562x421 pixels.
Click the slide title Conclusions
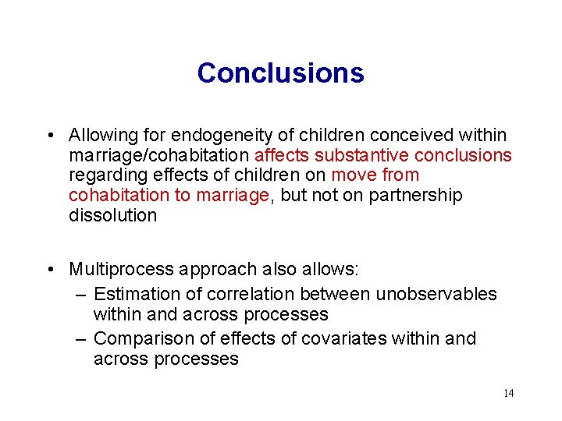pos(280,73)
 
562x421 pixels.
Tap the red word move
pos(354,175)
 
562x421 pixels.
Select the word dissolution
pos(112,215)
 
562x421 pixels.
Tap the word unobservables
pos(436,294)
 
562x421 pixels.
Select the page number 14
pos(508,393)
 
